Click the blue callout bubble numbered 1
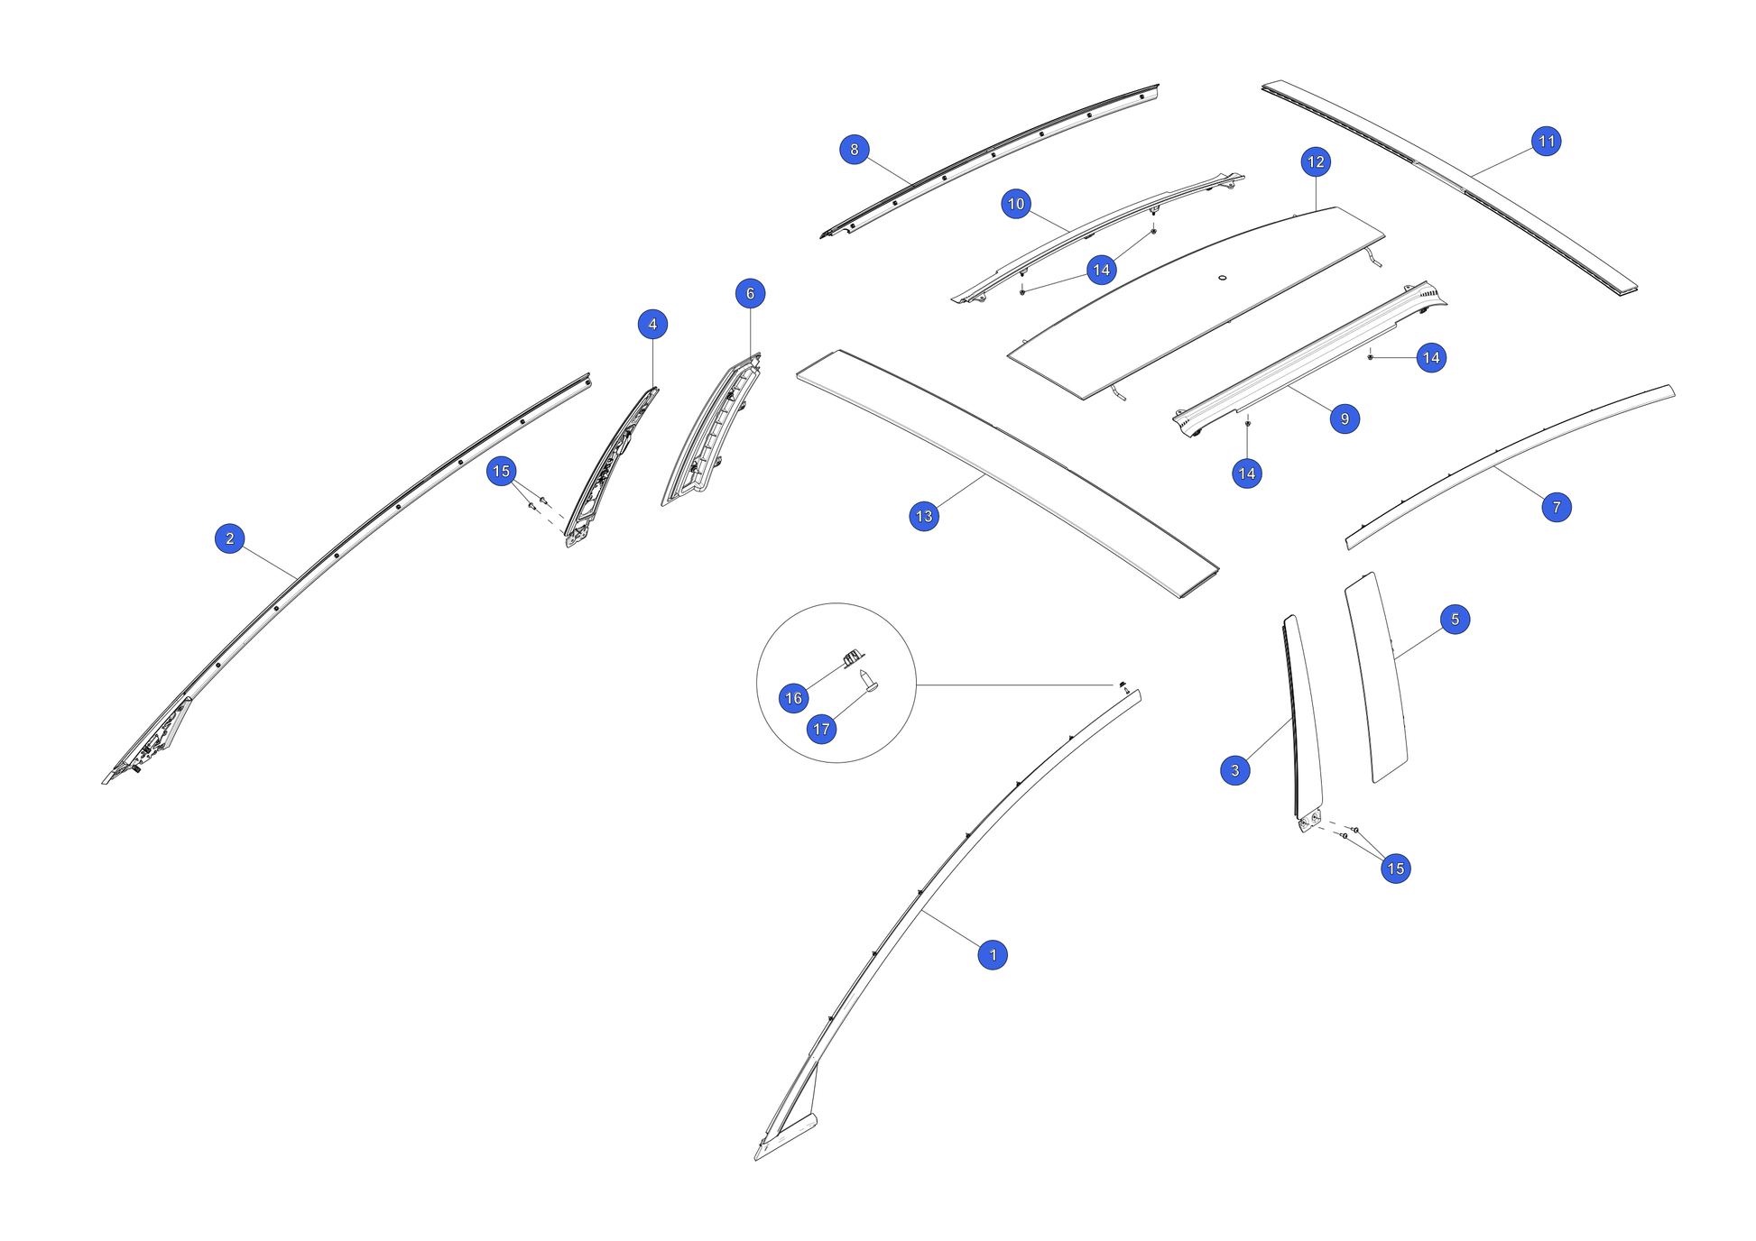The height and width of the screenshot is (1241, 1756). (993, 954)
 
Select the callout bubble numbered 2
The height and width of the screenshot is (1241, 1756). (230, 538)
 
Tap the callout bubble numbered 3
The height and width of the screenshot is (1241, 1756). (1235, 770)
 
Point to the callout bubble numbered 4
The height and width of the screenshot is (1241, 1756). (652, 325)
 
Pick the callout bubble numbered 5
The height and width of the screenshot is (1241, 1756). (1455, 620)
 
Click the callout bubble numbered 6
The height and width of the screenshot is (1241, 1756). (750, 293)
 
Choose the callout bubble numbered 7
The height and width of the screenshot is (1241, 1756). (1557, 507)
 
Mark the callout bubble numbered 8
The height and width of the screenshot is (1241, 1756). (855, 150)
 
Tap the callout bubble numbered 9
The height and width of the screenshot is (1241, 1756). (1345, 418)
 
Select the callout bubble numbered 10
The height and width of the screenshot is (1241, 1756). (1016, 204)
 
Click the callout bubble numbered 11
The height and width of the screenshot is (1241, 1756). (1547, 141)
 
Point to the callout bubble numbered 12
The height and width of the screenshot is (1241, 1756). (1316, 161)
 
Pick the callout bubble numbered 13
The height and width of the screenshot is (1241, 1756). (924, 516)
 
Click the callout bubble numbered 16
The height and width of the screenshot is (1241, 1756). (793, 698)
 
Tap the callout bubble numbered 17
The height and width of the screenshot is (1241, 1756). (821, 729)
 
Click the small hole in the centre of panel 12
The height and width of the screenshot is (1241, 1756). (1223, 278)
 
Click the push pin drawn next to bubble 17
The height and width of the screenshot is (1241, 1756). (870, 682)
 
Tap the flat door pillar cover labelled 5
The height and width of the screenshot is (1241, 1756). (1376, 676)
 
